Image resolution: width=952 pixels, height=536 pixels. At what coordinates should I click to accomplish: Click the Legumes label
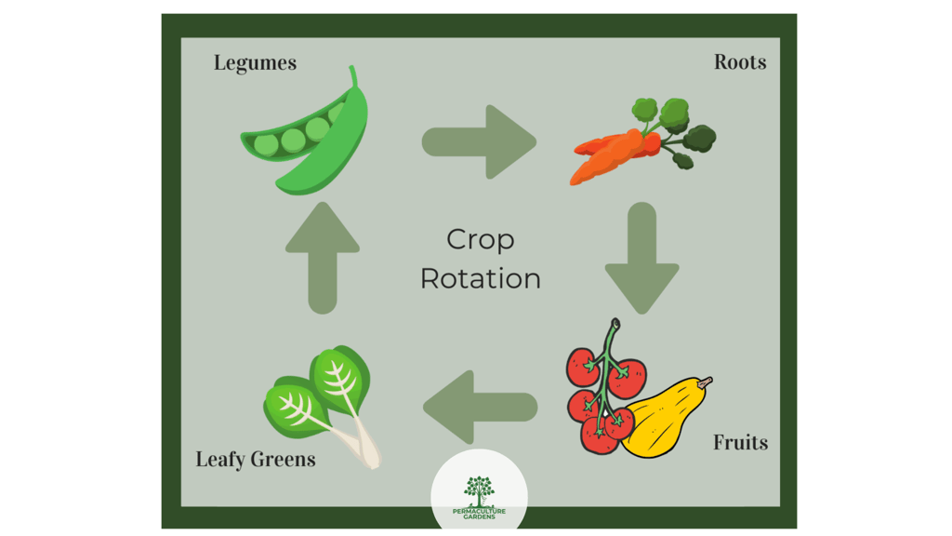click(x=255, y=63)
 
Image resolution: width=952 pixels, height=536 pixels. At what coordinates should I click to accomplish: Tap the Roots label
click(x=740, y=62)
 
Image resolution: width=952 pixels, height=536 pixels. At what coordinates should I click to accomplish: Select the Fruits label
click(x=740, y=442)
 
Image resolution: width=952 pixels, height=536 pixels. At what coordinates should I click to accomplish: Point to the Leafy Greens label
click(x=256, y=460)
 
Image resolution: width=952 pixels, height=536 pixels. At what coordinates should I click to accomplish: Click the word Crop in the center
click(x=480, y=240)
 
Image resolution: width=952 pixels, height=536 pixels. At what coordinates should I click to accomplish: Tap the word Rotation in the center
click(x=480, y=278)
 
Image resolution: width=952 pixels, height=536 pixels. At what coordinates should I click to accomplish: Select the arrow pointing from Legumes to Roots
click(x=478, y=142)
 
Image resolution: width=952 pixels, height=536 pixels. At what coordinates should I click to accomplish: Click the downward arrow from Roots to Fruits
click(x=641, y=257)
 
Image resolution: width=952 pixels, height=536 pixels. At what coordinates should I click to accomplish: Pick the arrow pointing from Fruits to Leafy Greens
click(x=480, y=407)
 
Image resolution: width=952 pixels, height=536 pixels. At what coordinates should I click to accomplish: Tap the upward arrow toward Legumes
click(x=323, y=257)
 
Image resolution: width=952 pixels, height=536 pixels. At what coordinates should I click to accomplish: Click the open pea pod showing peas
click(x=284, y=141)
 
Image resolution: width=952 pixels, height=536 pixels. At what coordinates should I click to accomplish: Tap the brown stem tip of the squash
click(x=706, y=382)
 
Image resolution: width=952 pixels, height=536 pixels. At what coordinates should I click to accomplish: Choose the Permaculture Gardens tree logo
click(x=479, y=489)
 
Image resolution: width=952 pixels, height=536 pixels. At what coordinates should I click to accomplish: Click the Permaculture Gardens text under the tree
click(x=479, y=513)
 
